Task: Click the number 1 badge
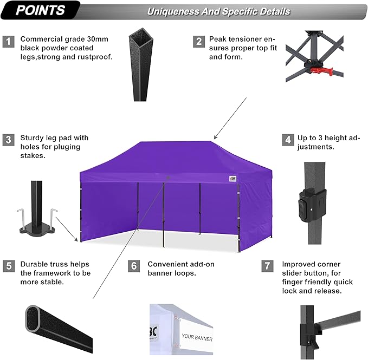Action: point(8,41)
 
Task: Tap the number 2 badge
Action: point(199,41)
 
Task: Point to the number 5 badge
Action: point(8,266)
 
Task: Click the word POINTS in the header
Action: point(40,10)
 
